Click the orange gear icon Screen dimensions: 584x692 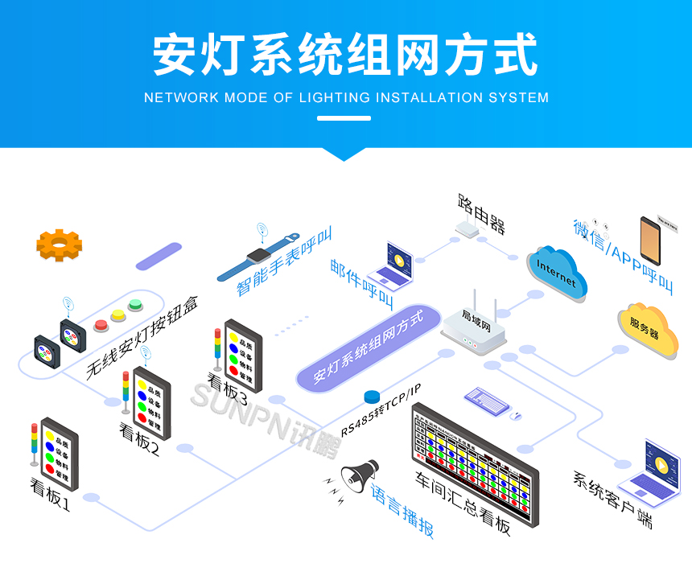[x=60, y=245]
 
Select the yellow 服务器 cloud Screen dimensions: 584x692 [x=648, y=327]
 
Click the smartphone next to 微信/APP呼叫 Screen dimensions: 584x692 [x=654, y=244]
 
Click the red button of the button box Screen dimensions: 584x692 [x=102, y=325]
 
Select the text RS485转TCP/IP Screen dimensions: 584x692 [x=381, y=410]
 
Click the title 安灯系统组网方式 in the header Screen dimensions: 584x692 [x=345, y=55]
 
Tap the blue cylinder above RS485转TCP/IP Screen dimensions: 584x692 [x=372, y=397]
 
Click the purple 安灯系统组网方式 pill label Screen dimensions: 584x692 [x=369, y=345]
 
